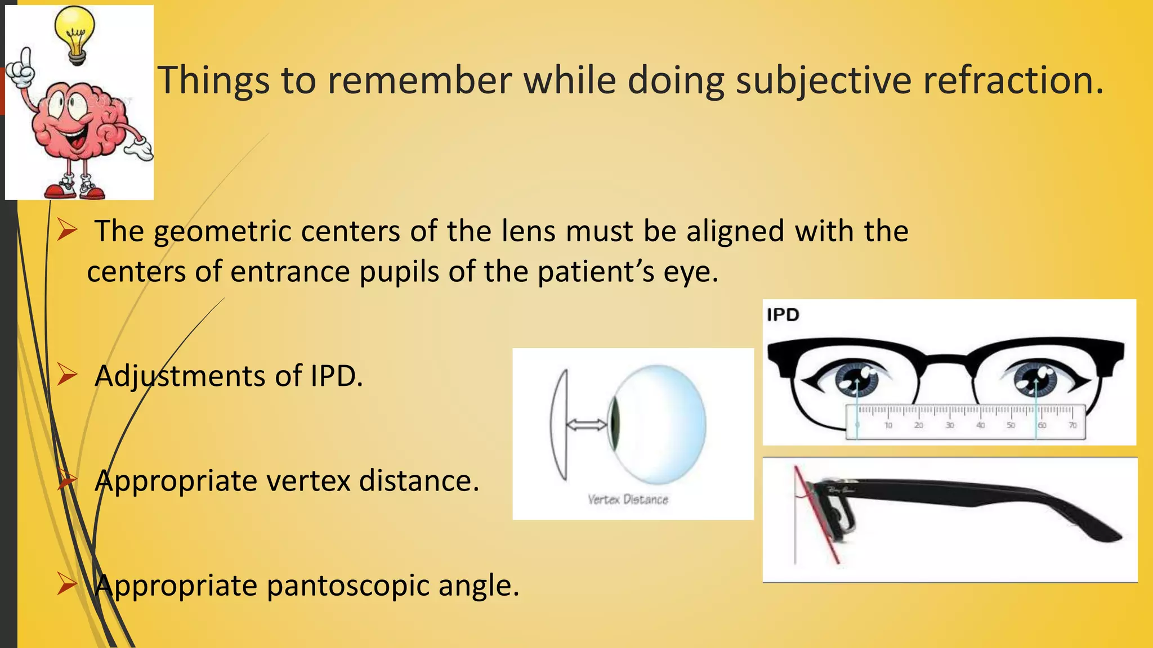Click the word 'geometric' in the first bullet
click(x=222, y=232)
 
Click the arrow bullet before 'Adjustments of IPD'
click(x=67, y=375)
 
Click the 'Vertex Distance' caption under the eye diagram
click(x=628, y=499)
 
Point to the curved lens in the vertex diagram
click(x=559, y=425)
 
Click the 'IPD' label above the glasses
click(x=783, y=314)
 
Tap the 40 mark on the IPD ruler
click(x=980, y=425)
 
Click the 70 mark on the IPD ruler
click(x=1072, y=425)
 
